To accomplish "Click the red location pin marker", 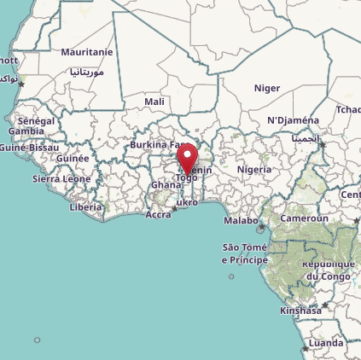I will click(187, 157).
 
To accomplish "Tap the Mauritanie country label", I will click(87, 52).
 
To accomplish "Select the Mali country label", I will click(154, 102).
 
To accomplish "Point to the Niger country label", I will click(267, 88).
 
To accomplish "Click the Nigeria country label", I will click(253, 169).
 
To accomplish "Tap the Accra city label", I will click(158, 214).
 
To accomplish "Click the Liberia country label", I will click(85, 206).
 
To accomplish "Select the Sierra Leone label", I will click(61, 179).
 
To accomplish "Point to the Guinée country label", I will click(73, 158).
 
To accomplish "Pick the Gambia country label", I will click(26, 131).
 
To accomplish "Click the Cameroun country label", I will click(305, 218).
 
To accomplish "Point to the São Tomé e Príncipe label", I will click(245, 253).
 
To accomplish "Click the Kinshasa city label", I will click(300, 311).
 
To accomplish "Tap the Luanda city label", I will click(326, 343).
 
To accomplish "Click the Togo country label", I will click(186, 177).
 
